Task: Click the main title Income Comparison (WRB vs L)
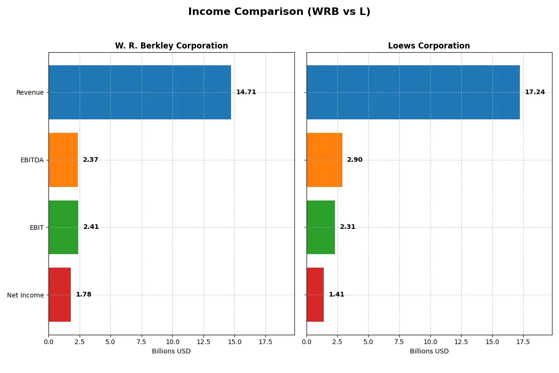(x=279, y=12)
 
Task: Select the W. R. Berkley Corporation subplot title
(x=171, y=46)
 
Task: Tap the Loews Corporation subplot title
(x=429, y=46)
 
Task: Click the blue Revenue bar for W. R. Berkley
(x=140, y=92)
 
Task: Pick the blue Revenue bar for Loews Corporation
(x=413, y=92)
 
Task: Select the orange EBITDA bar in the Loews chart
(x=324, y=160)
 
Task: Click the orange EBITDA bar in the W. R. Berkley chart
(x=63, y=160)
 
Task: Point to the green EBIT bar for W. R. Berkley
(x=63, y=228)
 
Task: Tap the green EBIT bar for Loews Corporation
(x=320, y=228)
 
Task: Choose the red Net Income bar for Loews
(x=315, y=295)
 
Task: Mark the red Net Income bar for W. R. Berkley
(x=60, y=295)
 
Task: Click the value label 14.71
(x=246, y=92)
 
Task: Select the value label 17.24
(x=535, y=92)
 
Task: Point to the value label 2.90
(x=354, y=160)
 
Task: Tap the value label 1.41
(x=336, y=295)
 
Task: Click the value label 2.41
(x=91, y=227)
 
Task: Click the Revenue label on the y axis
(x=30, y=92)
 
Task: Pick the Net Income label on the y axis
(x=26, y=295)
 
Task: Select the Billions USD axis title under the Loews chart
(x=429, y=352)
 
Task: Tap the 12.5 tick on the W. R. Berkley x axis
(x=204, y=342)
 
